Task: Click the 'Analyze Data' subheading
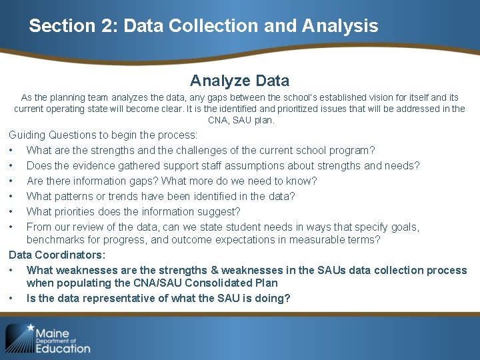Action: tap(239, 81)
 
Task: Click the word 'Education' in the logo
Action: tap(63, 348)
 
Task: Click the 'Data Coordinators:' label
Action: tap(57, 255)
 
